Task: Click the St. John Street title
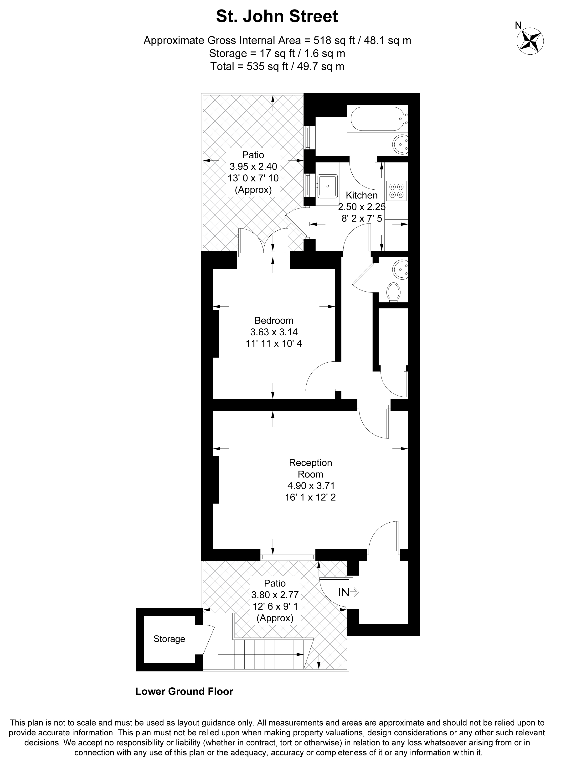[277, 16]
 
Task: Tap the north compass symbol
[530, 41]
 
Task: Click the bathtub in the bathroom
[377, 119]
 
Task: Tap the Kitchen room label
[362, 195]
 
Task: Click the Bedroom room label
[274, 320]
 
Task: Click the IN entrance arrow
[348, 592]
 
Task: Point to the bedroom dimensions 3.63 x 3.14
[274, 332]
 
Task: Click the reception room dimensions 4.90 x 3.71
[310, 486]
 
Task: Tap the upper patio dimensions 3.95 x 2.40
[253, 166]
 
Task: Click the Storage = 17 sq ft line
[277, 53]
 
